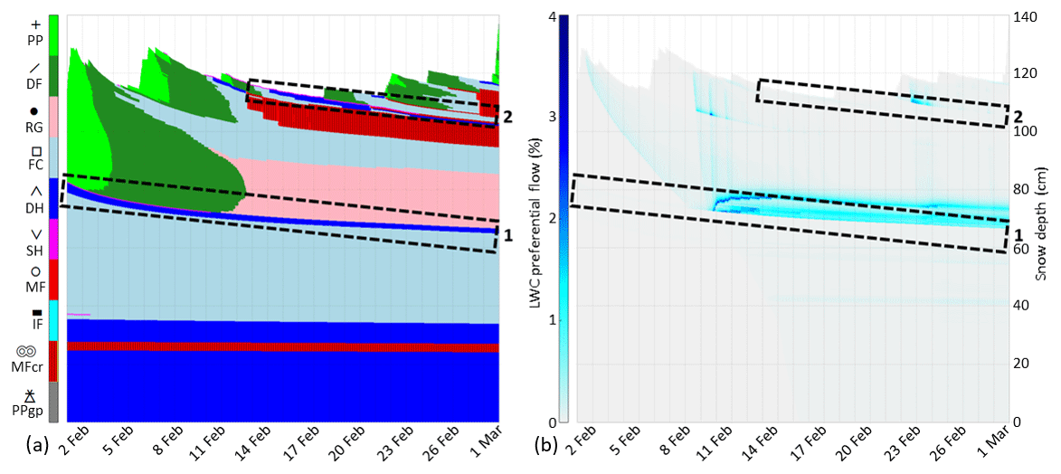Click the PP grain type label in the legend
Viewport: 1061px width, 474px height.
coord(35,40)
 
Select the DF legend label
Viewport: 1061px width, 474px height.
coord(35,83)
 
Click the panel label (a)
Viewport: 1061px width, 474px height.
coord(14,445)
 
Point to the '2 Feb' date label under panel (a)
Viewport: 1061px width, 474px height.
coord(77,446)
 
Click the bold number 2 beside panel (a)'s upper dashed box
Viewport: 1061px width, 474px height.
coord(507,117)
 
